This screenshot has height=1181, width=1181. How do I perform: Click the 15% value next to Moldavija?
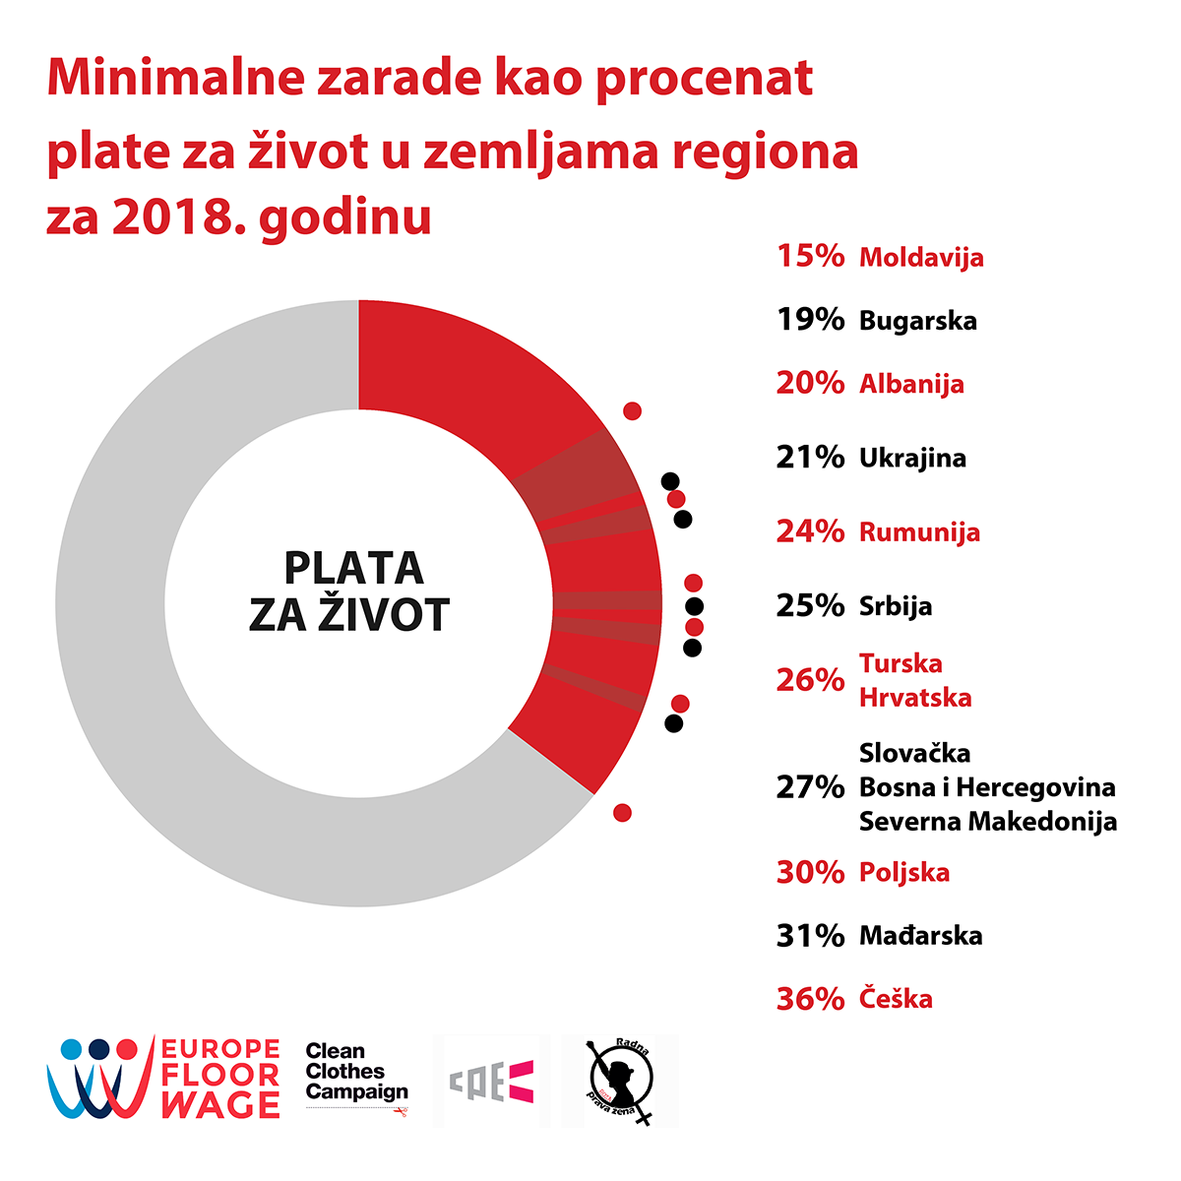click(x=810, y=256)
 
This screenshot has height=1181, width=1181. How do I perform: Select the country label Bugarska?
click(x=917, y=321)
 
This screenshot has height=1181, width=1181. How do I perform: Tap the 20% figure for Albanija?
click(x=810, y=383)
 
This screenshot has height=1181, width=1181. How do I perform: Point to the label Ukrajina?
click(x=912, y=458)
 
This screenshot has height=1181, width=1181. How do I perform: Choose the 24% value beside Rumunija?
click(x=810, y=531)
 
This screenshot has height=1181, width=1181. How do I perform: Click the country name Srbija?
click(x=895, y=606)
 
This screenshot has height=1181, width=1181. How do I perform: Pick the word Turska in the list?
click(x=901, y=663)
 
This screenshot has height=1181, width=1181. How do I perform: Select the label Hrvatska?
click(x=915, y=698)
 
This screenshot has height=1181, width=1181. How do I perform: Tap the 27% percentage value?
click(x=810, y=787)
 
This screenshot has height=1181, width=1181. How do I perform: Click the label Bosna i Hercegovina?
click(x=987, y=787)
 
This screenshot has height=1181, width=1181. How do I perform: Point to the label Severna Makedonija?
click(x=988, y=821)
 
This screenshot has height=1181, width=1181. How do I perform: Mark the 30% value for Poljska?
click(x=810, y=872)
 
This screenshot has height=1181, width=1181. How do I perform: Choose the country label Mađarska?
click(x=920, y=935)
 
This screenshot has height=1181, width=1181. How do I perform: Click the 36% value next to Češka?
click(x=810, y=999)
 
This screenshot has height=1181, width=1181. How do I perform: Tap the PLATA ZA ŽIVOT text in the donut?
click(x=351, y=590)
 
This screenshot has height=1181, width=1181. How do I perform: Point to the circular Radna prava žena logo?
click(x=620, y=1080)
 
